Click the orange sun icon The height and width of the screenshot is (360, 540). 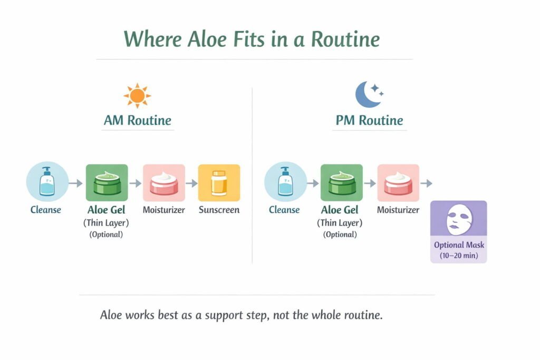[137, 95]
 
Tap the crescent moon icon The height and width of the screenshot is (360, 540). [367, 95]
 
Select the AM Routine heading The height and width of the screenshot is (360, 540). [138, 121]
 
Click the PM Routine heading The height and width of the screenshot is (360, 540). [369, 121]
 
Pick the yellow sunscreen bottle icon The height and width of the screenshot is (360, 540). [219, 183]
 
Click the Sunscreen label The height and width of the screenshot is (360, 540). [219, 210]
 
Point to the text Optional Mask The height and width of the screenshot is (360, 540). [459, 245]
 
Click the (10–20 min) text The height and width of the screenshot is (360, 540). [459, 256]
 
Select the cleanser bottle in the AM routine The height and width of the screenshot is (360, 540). [47, 181]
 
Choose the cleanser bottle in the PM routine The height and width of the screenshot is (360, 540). [285, 181]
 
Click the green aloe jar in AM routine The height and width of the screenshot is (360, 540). [107, 183]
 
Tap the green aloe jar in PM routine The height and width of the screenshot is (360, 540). [342, 183]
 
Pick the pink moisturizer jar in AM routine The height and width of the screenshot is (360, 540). [164, 183]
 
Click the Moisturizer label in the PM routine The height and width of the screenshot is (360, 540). [398, 210]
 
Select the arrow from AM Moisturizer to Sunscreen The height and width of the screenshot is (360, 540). [191, 183]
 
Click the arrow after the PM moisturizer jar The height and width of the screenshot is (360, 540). [426, 183]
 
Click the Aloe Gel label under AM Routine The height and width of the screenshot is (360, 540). [106, 210]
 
